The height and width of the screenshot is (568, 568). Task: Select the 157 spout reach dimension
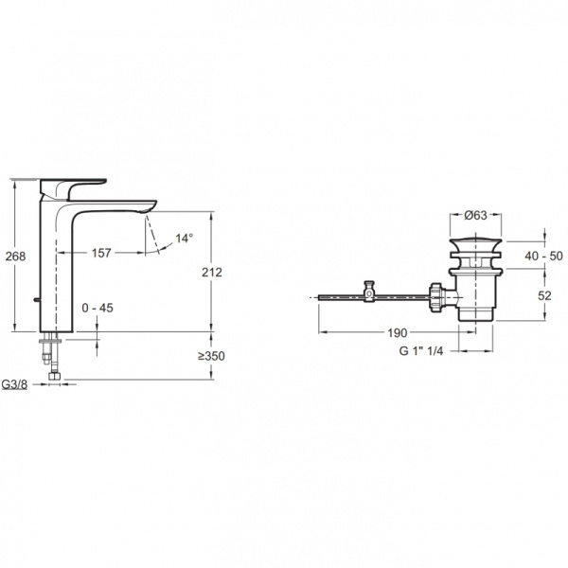102,253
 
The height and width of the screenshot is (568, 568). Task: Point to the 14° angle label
184,239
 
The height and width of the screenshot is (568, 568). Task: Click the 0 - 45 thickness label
98,308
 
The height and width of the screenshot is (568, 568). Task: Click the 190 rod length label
396,333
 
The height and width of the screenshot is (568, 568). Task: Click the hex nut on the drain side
436,296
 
